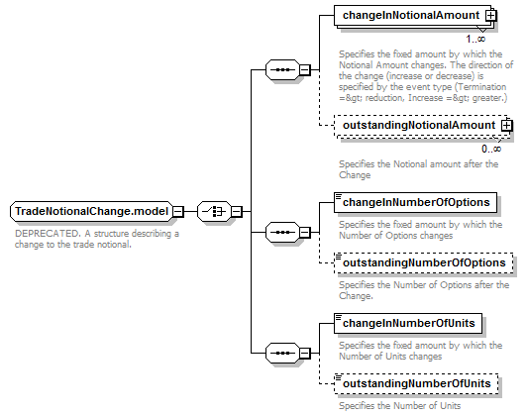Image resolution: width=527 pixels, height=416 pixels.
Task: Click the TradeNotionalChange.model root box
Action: [91, 211]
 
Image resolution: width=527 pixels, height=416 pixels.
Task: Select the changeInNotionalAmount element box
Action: [413, 15]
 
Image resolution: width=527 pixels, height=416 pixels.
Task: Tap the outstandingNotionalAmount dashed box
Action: [421, 126]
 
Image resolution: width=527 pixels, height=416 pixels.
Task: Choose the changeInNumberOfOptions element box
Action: [415, 202]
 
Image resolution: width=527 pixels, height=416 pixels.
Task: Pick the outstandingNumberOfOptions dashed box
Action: [423, 262]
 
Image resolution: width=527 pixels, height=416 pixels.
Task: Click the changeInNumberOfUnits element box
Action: [408, 323]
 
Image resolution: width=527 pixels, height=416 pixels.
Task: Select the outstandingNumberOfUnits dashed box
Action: [416, 383]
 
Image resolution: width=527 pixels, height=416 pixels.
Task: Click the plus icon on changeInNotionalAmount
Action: [491, 16]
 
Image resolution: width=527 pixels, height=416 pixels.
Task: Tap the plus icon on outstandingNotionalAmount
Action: [506, 126]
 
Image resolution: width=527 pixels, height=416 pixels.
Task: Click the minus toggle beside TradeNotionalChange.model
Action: [178, 211]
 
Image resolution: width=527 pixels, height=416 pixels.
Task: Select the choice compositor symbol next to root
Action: [214, 211]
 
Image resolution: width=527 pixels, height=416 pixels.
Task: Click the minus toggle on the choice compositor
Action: [237, 211]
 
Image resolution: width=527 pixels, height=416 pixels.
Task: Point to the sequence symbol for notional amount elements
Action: [282, 70]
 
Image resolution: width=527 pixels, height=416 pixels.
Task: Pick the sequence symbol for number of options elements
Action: [282, 232]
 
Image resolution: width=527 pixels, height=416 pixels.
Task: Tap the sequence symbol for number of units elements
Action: [282, 353]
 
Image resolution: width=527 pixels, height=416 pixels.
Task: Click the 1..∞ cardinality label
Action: [475, 39]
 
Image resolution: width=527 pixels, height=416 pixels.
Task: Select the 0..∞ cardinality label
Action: [491, 149]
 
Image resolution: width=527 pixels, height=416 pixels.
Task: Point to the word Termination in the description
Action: [481, 87]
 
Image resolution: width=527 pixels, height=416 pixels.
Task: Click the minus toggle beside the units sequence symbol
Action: [304, 353]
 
